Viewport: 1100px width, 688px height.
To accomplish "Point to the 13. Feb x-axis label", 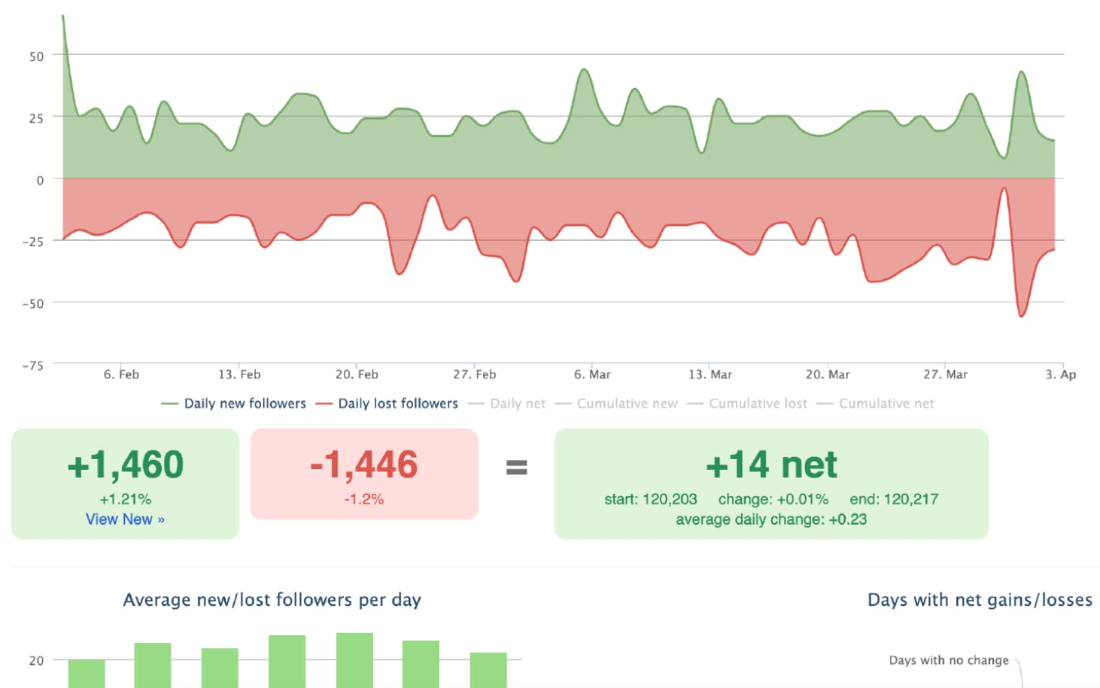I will pos(239,374).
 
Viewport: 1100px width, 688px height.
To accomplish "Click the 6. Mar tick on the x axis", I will pos(592,374).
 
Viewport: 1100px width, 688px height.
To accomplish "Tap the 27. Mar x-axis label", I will pos(945,374).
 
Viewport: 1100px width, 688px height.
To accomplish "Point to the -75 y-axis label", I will pos(33,366).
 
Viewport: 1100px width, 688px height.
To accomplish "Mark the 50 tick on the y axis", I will pos(36,56).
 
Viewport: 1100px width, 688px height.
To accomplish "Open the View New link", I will pos(125,519).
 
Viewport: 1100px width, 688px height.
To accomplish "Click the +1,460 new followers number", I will pos(125,465).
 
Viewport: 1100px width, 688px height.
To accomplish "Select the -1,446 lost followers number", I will pos(364,465).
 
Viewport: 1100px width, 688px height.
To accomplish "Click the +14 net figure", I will pos(771,465).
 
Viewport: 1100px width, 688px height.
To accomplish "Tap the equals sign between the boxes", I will pos(516,467).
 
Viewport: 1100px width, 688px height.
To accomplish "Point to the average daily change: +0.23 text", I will pos(771,519).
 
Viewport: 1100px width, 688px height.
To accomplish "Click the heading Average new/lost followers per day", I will pos(272,600).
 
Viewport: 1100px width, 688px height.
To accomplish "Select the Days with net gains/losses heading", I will pos(979,600).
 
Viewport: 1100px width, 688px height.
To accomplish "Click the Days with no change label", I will pos(948,660).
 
